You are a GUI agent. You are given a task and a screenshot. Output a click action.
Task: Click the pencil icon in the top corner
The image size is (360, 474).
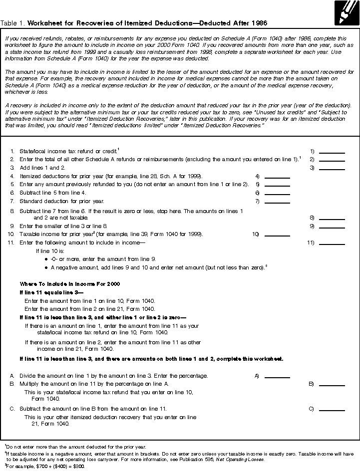coord(346,13)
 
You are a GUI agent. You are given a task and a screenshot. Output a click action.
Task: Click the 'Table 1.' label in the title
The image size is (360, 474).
coord(13,23)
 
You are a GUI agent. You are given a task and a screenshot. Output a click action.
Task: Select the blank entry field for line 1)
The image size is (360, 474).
coord(332,151)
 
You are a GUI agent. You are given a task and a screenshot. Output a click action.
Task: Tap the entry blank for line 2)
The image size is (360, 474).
coord(332,159)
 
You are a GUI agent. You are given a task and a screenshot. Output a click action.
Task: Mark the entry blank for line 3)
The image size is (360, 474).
coord(332,168)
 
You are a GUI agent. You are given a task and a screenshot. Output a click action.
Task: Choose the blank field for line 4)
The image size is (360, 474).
coord(277,176)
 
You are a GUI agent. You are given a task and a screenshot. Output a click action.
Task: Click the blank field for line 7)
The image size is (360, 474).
coord(277,201)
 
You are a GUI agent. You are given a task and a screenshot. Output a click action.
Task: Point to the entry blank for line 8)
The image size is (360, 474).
coord(332,218)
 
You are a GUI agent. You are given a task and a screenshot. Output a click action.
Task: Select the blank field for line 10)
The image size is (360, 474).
coord(277,234)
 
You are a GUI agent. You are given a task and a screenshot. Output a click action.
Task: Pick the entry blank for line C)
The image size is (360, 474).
coord(332,409)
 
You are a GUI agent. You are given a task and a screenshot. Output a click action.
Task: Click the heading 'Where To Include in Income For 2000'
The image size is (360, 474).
coord(69,284)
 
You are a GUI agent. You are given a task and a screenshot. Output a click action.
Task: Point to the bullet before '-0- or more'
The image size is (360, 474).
coord(46,259)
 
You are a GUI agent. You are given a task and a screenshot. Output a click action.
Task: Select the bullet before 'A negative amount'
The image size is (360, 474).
coord(46,267)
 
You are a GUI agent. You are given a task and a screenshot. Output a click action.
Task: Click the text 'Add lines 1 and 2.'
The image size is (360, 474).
coord(42,168)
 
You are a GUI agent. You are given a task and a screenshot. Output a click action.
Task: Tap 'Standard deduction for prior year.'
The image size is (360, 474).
coord(62,201)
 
